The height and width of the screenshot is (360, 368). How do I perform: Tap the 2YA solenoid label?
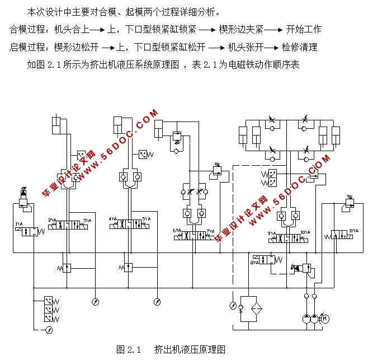click(x=53, y=220)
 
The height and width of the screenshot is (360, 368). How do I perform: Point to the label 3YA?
click(x=87, y=220)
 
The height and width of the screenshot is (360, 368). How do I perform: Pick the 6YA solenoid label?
click(x=177, y=230)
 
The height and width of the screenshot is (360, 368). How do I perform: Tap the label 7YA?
click(x=211, y=230)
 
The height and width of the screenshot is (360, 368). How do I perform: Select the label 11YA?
click(x=353, y=231)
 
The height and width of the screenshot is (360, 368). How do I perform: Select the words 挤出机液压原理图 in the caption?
click(x=190, y=349)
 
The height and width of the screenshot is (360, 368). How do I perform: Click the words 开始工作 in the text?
click(x=303, y=29)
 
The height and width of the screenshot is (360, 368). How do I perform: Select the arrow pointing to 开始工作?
click(x=274, y=29)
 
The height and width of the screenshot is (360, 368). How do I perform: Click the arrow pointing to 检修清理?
click(x=272, y=47)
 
